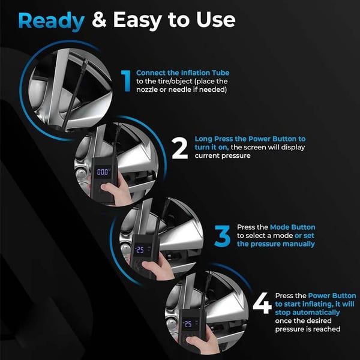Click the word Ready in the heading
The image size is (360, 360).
coord(51,20)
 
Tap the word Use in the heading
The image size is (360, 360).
coord(213,20)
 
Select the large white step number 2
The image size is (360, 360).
coord(180,149)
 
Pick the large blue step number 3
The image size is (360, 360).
coord(223,236)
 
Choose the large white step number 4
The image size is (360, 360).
coord(262,305)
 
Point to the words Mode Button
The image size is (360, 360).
coord(294,227)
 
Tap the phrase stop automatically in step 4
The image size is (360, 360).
coord(307,313)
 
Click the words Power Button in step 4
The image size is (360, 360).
coord(329,296)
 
